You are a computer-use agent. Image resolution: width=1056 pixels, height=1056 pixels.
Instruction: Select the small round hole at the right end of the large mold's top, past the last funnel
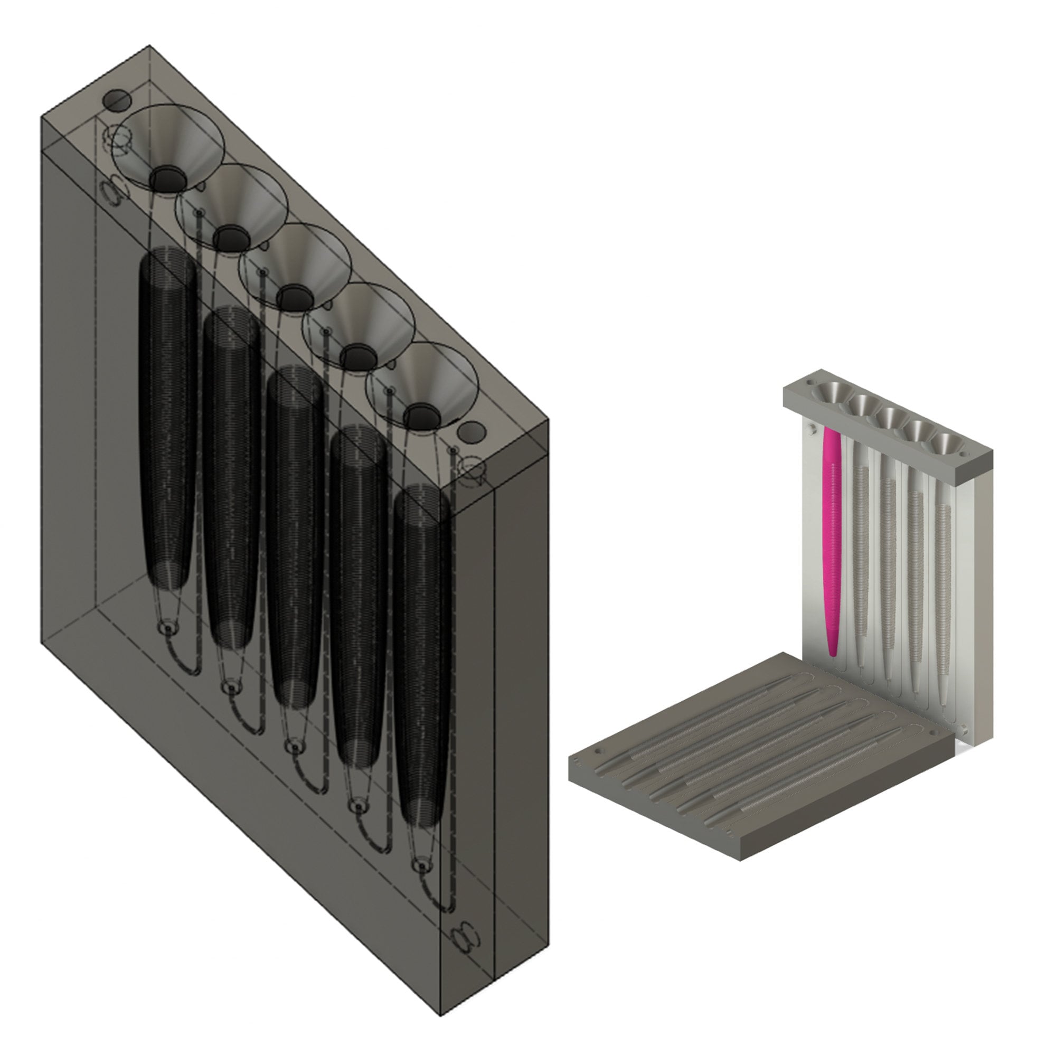472,432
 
